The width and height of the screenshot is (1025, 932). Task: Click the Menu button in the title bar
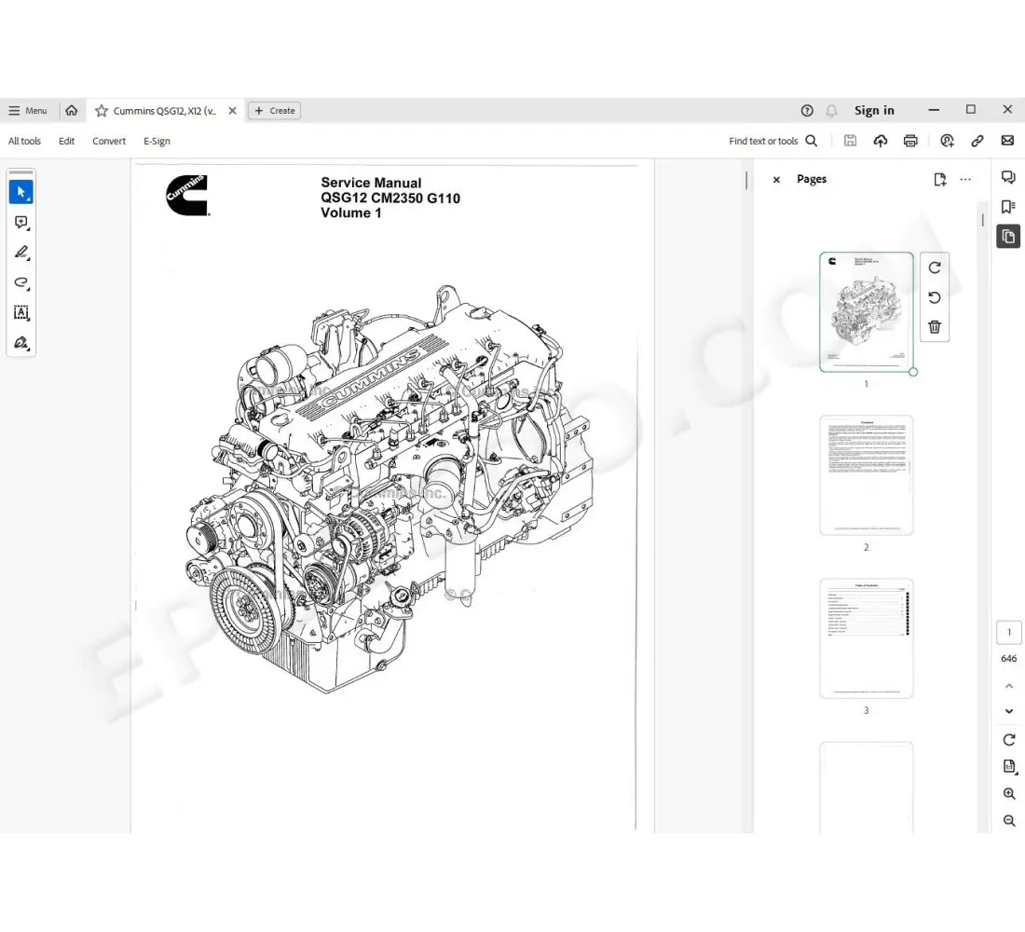tap(28, 111)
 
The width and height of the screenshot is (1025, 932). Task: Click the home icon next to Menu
tap(72, 111)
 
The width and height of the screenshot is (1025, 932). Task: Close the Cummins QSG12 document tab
tap(232, 111)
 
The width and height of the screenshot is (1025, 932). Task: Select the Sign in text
tap(874, 111)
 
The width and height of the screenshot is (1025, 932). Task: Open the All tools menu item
tap(25, 142)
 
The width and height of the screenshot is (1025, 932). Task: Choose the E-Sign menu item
tap(157, 142)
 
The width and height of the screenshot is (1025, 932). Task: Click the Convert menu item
tap(109, 142)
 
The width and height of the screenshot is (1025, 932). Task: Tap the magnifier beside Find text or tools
tap(812, 142)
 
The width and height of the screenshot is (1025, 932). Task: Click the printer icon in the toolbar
tap(910, 142)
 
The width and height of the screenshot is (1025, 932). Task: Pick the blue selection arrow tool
tap(21, 193)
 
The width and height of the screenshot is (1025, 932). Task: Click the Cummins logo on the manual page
tap(187, 195)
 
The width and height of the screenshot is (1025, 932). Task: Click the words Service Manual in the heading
tap(371, 184)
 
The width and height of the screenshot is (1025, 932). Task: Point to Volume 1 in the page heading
tap(351, 213)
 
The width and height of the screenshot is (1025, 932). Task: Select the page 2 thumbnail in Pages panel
tap(866, 475)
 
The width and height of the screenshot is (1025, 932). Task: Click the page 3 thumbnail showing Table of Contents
tap(866, 638)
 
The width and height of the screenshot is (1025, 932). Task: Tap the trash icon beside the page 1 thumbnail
tap(935, 327)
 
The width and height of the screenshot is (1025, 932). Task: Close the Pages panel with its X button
tap(776, 180)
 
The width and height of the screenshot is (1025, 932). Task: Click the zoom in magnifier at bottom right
tap(1009, 794)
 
